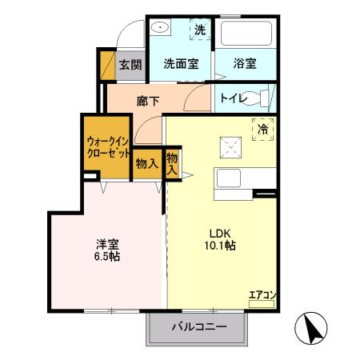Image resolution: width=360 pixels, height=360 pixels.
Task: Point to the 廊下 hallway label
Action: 149,102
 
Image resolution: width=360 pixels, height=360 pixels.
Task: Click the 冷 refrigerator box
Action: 263,126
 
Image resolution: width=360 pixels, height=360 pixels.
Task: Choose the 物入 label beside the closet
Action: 146,164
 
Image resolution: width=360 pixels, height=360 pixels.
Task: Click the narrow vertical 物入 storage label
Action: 172,164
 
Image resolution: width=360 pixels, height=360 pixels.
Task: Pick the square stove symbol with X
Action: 231,147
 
